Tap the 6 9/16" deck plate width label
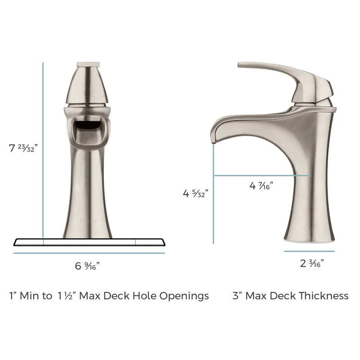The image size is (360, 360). coord(87,265)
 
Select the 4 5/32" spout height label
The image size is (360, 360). coord(195,194)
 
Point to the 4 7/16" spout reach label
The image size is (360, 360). coord(261,184)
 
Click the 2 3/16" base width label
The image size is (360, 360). coord(312,264)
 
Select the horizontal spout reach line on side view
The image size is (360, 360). coord(261,175)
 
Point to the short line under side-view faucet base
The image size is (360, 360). coord(310,251)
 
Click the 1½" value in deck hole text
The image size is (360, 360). coord(63,296)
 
